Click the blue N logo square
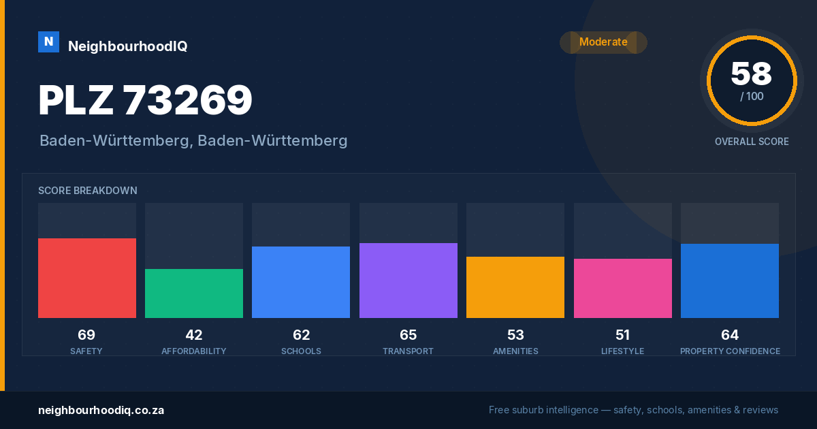48,42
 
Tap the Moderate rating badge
603,42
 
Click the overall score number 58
752,74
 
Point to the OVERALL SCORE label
752,142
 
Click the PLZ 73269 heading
145,100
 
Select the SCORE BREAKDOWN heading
88,191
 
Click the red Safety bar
87,278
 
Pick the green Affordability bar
194,293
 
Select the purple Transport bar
408,280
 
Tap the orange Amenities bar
515,287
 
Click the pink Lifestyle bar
623,288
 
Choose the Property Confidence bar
730,281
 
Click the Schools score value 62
301,335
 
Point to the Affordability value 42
194,335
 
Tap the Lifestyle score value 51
622,335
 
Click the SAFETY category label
86,351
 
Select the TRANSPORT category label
408,351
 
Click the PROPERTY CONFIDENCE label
730,351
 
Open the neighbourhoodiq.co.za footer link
101,410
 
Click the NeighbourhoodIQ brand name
128,46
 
